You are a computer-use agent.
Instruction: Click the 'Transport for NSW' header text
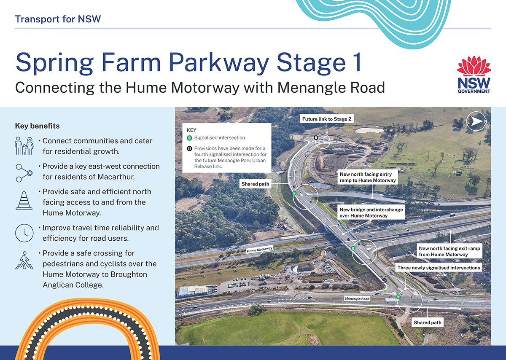pos(58,19)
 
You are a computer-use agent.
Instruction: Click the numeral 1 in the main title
pos(358,62)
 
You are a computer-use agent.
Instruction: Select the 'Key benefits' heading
pos(37,126)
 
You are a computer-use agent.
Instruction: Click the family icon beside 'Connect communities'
pos(24,146)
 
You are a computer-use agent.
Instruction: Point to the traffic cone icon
pos(24,201)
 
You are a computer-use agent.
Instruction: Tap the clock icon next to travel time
pos(24,233)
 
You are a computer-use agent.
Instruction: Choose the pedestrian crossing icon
pos(24,261)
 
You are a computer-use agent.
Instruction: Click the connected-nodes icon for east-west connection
pos(24,173)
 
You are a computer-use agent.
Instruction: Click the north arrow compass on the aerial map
pos(476,121)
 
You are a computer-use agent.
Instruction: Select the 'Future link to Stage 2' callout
pos(327,119)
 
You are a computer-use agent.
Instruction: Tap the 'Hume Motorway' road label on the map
pos(260,249)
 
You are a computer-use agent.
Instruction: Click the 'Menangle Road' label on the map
pos(357,298)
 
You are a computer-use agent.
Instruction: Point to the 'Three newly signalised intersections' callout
pos(439,268)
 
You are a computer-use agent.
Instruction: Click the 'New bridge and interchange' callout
pos(371,212)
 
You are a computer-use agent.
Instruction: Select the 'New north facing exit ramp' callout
pos(449,251)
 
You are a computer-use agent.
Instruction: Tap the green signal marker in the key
pos(189,138)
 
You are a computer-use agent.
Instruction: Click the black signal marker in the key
pos(189,149)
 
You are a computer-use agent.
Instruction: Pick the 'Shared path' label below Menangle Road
pos(428,322)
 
